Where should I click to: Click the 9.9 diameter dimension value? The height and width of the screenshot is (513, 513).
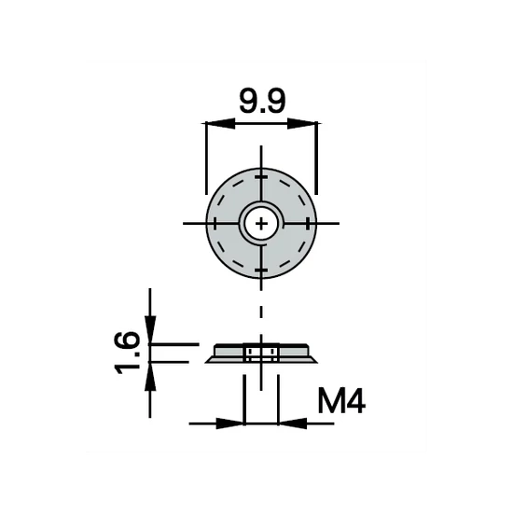point(261,100)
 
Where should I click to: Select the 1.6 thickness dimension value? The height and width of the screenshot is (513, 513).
point(131,352)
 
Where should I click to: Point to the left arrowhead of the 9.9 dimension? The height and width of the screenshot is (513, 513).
point(214,122)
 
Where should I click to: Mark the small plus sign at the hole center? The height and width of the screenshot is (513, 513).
point(261,223)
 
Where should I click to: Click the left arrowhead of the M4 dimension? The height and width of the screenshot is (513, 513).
point(233,423)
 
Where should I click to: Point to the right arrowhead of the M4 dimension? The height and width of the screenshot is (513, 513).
point(289,423)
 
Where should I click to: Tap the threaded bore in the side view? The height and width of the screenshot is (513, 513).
point(261,354)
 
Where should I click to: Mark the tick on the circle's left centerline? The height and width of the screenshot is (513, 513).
point(215,223)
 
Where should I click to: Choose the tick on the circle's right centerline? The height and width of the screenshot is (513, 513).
point(307,223)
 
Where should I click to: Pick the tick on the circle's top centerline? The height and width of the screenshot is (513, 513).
point(261,177)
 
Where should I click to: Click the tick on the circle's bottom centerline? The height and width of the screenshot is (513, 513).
point(261,269)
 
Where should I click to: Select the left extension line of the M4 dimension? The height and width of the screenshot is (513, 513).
point(244,396)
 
